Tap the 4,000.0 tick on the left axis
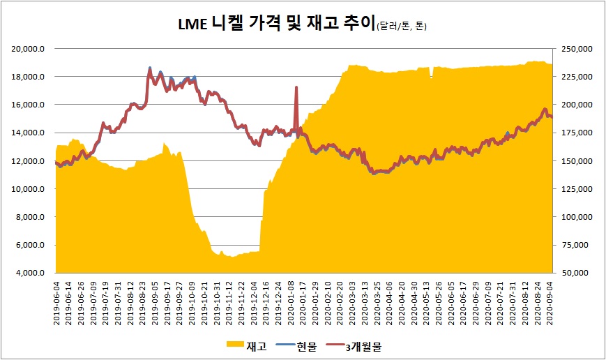click(32, 273)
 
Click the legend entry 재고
click(257, 345)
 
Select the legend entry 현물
click(306, 345)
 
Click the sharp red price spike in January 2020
click(296, 88)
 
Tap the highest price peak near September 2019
click(150, 68)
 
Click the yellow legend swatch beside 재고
click(235, 345)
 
